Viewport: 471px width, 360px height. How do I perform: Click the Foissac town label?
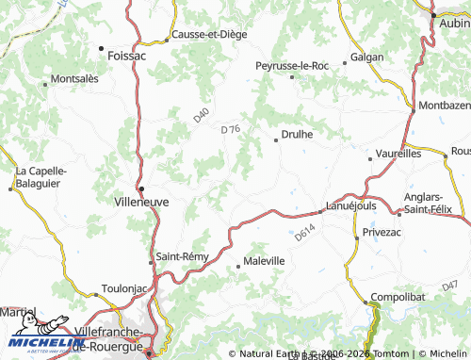click(127, 56)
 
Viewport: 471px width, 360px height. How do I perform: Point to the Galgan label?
click(366, 57)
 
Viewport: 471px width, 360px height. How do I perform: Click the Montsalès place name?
click(74, 79)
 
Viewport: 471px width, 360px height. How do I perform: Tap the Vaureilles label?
click(398, 151)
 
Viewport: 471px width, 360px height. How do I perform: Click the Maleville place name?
click(264, 260)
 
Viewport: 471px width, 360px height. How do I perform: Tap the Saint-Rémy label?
click(182, 255)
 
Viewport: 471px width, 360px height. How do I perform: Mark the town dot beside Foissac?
click(102, 46)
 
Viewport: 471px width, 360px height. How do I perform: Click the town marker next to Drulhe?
click(275, 139)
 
